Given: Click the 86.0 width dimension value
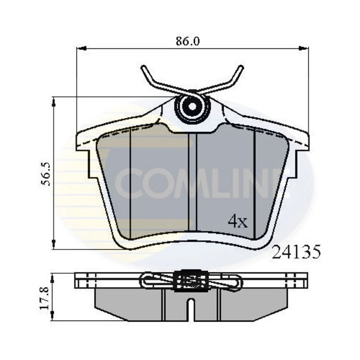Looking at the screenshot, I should coord(188,41).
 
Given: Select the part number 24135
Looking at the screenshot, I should coord(295,252).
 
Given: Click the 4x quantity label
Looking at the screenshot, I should coord(238,220).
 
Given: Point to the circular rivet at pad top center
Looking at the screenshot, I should coord(190,107).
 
